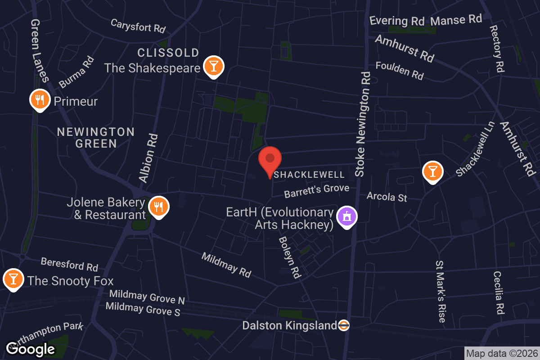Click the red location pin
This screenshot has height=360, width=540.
coord(270,160)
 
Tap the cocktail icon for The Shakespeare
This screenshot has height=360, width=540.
coord(213,66)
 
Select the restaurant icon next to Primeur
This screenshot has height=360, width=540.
coord(40,99)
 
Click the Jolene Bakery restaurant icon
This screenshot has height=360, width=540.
coord(158,207)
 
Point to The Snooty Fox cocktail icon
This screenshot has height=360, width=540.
coord(13,279)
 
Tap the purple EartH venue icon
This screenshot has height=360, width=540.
coord(347,216)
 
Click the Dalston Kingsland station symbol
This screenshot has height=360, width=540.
coord(343,325)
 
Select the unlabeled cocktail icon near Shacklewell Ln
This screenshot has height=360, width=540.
coord(432,171)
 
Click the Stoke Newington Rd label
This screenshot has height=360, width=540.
coord(364,124)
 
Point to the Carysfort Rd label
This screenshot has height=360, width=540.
coord(138,26)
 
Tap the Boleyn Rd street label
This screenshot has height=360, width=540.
coord(289,257)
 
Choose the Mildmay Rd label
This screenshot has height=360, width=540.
coord(226,265)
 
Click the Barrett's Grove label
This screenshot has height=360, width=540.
coord(316,190)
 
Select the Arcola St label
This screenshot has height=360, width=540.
coord(387,197)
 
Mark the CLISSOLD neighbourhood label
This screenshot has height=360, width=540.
coord(168,53)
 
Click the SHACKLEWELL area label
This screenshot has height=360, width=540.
coord(309,175)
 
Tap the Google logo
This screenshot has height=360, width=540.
coord(31,349)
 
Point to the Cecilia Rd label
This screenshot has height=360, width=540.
coord(498,292)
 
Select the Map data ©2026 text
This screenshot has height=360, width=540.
coord(502,354)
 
